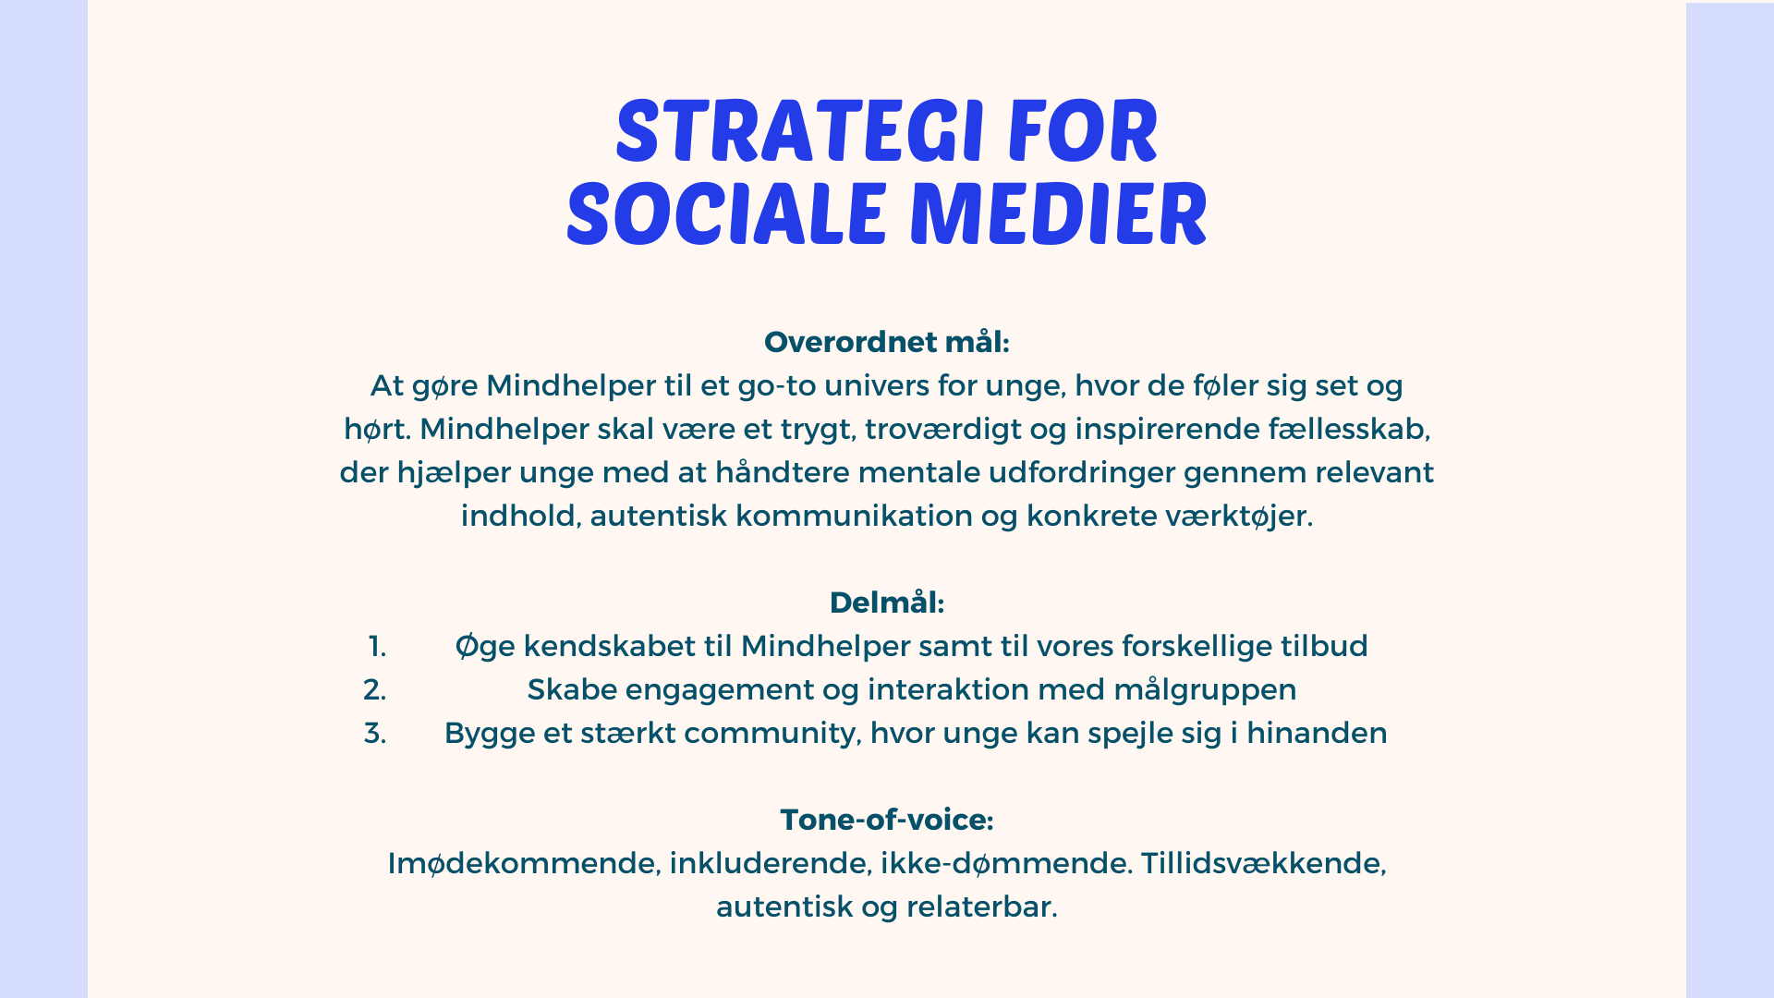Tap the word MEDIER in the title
[1059, 214]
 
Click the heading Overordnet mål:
[887, 342]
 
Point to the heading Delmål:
[887, 602]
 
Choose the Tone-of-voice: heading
[887, 820]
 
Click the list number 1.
[377, 646]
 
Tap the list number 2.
[375, 689]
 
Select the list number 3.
[375, 733]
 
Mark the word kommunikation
[854, 516]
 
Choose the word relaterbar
[981, 907]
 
